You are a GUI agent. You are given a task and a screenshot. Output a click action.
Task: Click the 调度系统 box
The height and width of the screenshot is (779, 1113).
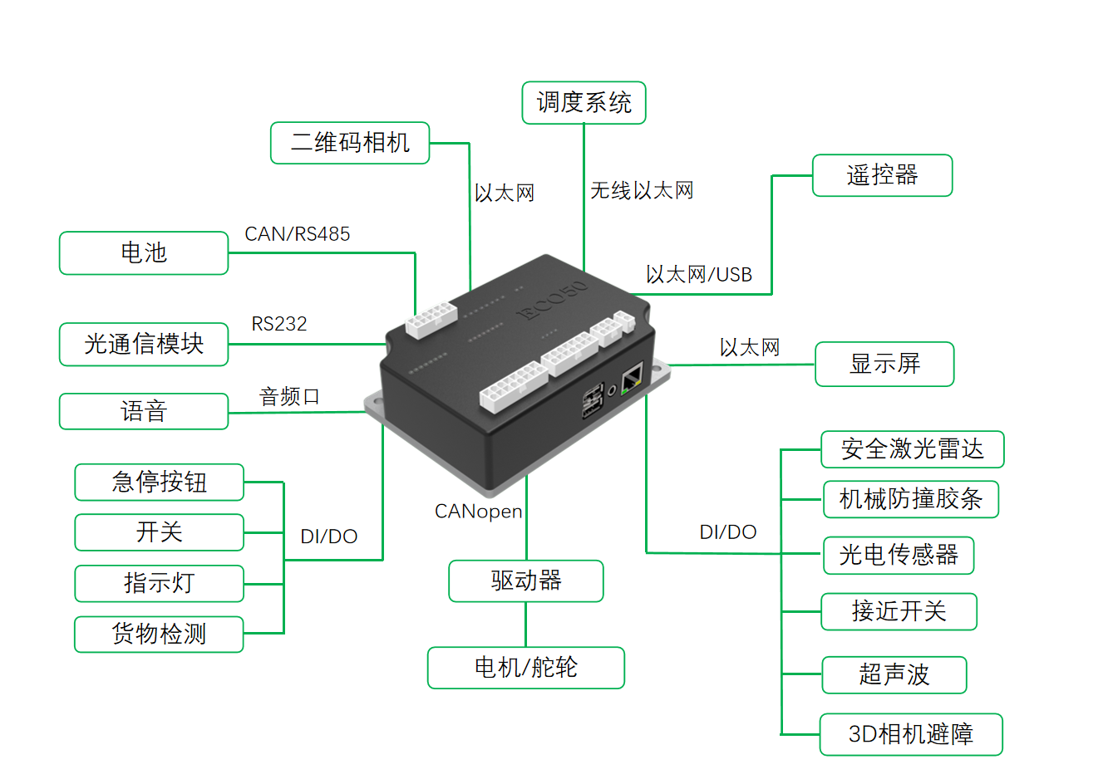(x=584, y=103)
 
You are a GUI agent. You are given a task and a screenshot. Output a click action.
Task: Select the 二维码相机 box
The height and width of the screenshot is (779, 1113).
(x=350, y=143)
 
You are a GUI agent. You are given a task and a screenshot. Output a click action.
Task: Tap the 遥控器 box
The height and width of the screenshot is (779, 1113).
(x=882, y=175)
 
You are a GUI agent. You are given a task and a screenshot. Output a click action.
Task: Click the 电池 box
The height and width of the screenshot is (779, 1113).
(x=144, y=252)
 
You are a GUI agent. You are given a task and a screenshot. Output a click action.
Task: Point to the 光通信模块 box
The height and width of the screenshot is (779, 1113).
(x=144, y=344)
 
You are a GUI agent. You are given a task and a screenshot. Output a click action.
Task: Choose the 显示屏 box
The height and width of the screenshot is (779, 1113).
(x=884, y=364)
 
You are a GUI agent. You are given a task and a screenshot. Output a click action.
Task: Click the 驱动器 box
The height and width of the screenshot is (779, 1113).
(x=525, y=581)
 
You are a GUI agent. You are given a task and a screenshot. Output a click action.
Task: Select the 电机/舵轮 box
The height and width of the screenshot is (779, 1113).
(x=525, y=667)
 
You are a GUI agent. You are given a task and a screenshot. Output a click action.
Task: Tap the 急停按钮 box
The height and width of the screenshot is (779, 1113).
(x=159, y=482)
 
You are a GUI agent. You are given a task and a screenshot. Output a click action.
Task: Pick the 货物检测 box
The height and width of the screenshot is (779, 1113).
(x=159, y=634)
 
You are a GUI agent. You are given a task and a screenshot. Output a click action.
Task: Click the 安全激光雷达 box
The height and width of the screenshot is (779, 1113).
(x=913, y=449)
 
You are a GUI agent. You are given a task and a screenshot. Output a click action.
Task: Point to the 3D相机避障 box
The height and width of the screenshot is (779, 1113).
(x=911, y=734)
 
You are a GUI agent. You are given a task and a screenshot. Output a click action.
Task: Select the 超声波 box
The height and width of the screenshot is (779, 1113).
(x=894, y=674)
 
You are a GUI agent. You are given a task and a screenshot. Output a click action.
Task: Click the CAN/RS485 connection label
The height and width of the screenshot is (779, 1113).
(x=297, y=234)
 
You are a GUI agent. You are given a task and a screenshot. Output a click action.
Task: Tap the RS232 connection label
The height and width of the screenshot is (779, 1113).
(x=279, y=324)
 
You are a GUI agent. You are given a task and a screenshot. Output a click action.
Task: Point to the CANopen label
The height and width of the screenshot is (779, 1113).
(x=478, y=512)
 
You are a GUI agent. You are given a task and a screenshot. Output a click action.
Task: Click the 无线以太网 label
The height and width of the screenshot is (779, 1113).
(x=642, y=191)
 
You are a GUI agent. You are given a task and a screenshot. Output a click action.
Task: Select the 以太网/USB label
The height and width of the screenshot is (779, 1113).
(x=698, y=275)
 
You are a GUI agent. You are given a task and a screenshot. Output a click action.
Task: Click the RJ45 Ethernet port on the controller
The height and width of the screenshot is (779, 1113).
(x=632, y=379)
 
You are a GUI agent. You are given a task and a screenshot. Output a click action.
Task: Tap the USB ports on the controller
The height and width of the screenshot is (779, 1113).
(x=593, y=401)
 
